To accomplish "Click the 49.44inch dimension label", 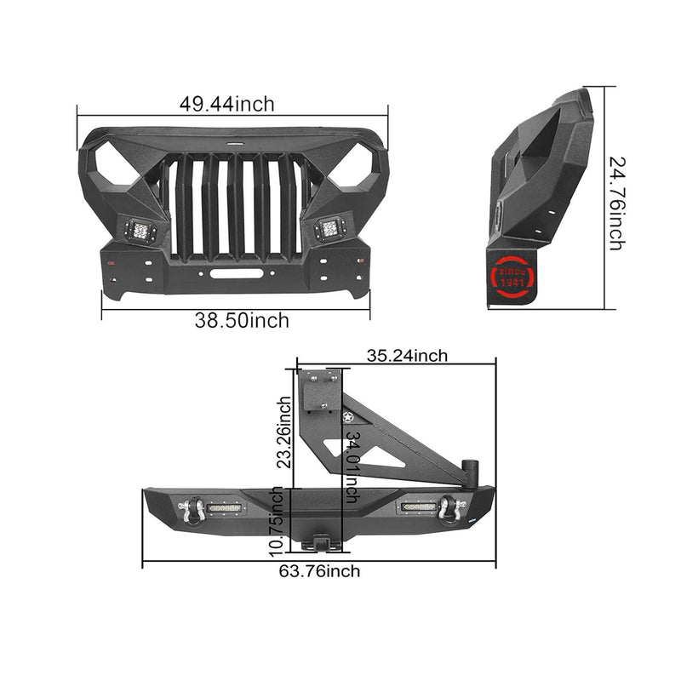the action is [x=226, y=105].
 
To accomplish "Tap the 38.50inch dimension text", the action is [x=242, y=321].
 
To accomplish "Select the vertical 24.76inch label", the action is [x=617, y=203].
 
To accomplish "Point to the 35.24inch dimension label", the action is [x=407, y=356].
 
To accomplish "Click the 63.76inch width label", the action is [x=320, y=570].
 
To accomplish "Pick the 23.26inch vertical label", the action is [x=285, y=432].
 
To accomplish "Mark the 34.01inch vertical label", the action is [x=352, y=467].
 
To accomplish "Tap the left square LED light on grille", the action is [x=140, y=231].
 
